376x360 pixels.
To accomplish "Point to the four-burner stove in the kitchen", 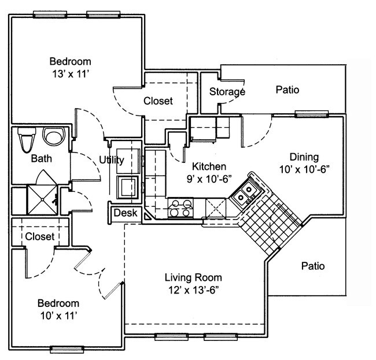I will click(x=180, y=208).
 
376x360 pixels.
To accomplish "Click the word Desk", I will click(x=124, y=213).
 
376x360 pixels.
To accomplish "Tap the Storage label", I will click(x=227, y=91).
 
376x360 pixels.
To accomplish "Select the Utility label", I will click(x=110, y=160).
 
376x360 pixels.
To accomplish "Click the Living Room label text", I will click(x=193, y=277).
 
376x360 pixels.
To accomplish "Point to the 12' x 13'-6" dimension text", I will click(x=193, y=289).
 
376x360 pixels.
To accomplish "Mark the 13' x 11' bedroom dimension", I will click(x=70, y=73).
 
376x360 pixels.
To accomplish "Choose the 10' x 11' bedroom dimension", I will click(x=58, y=316).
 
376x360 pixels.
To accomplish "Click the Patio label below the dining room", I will click(x=313, y=266).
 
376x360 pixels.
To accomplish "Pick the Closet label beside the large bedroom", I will click(x=158, y=101).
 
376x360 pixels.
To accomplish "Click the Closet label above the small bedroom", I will click(x=40, y=236).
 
